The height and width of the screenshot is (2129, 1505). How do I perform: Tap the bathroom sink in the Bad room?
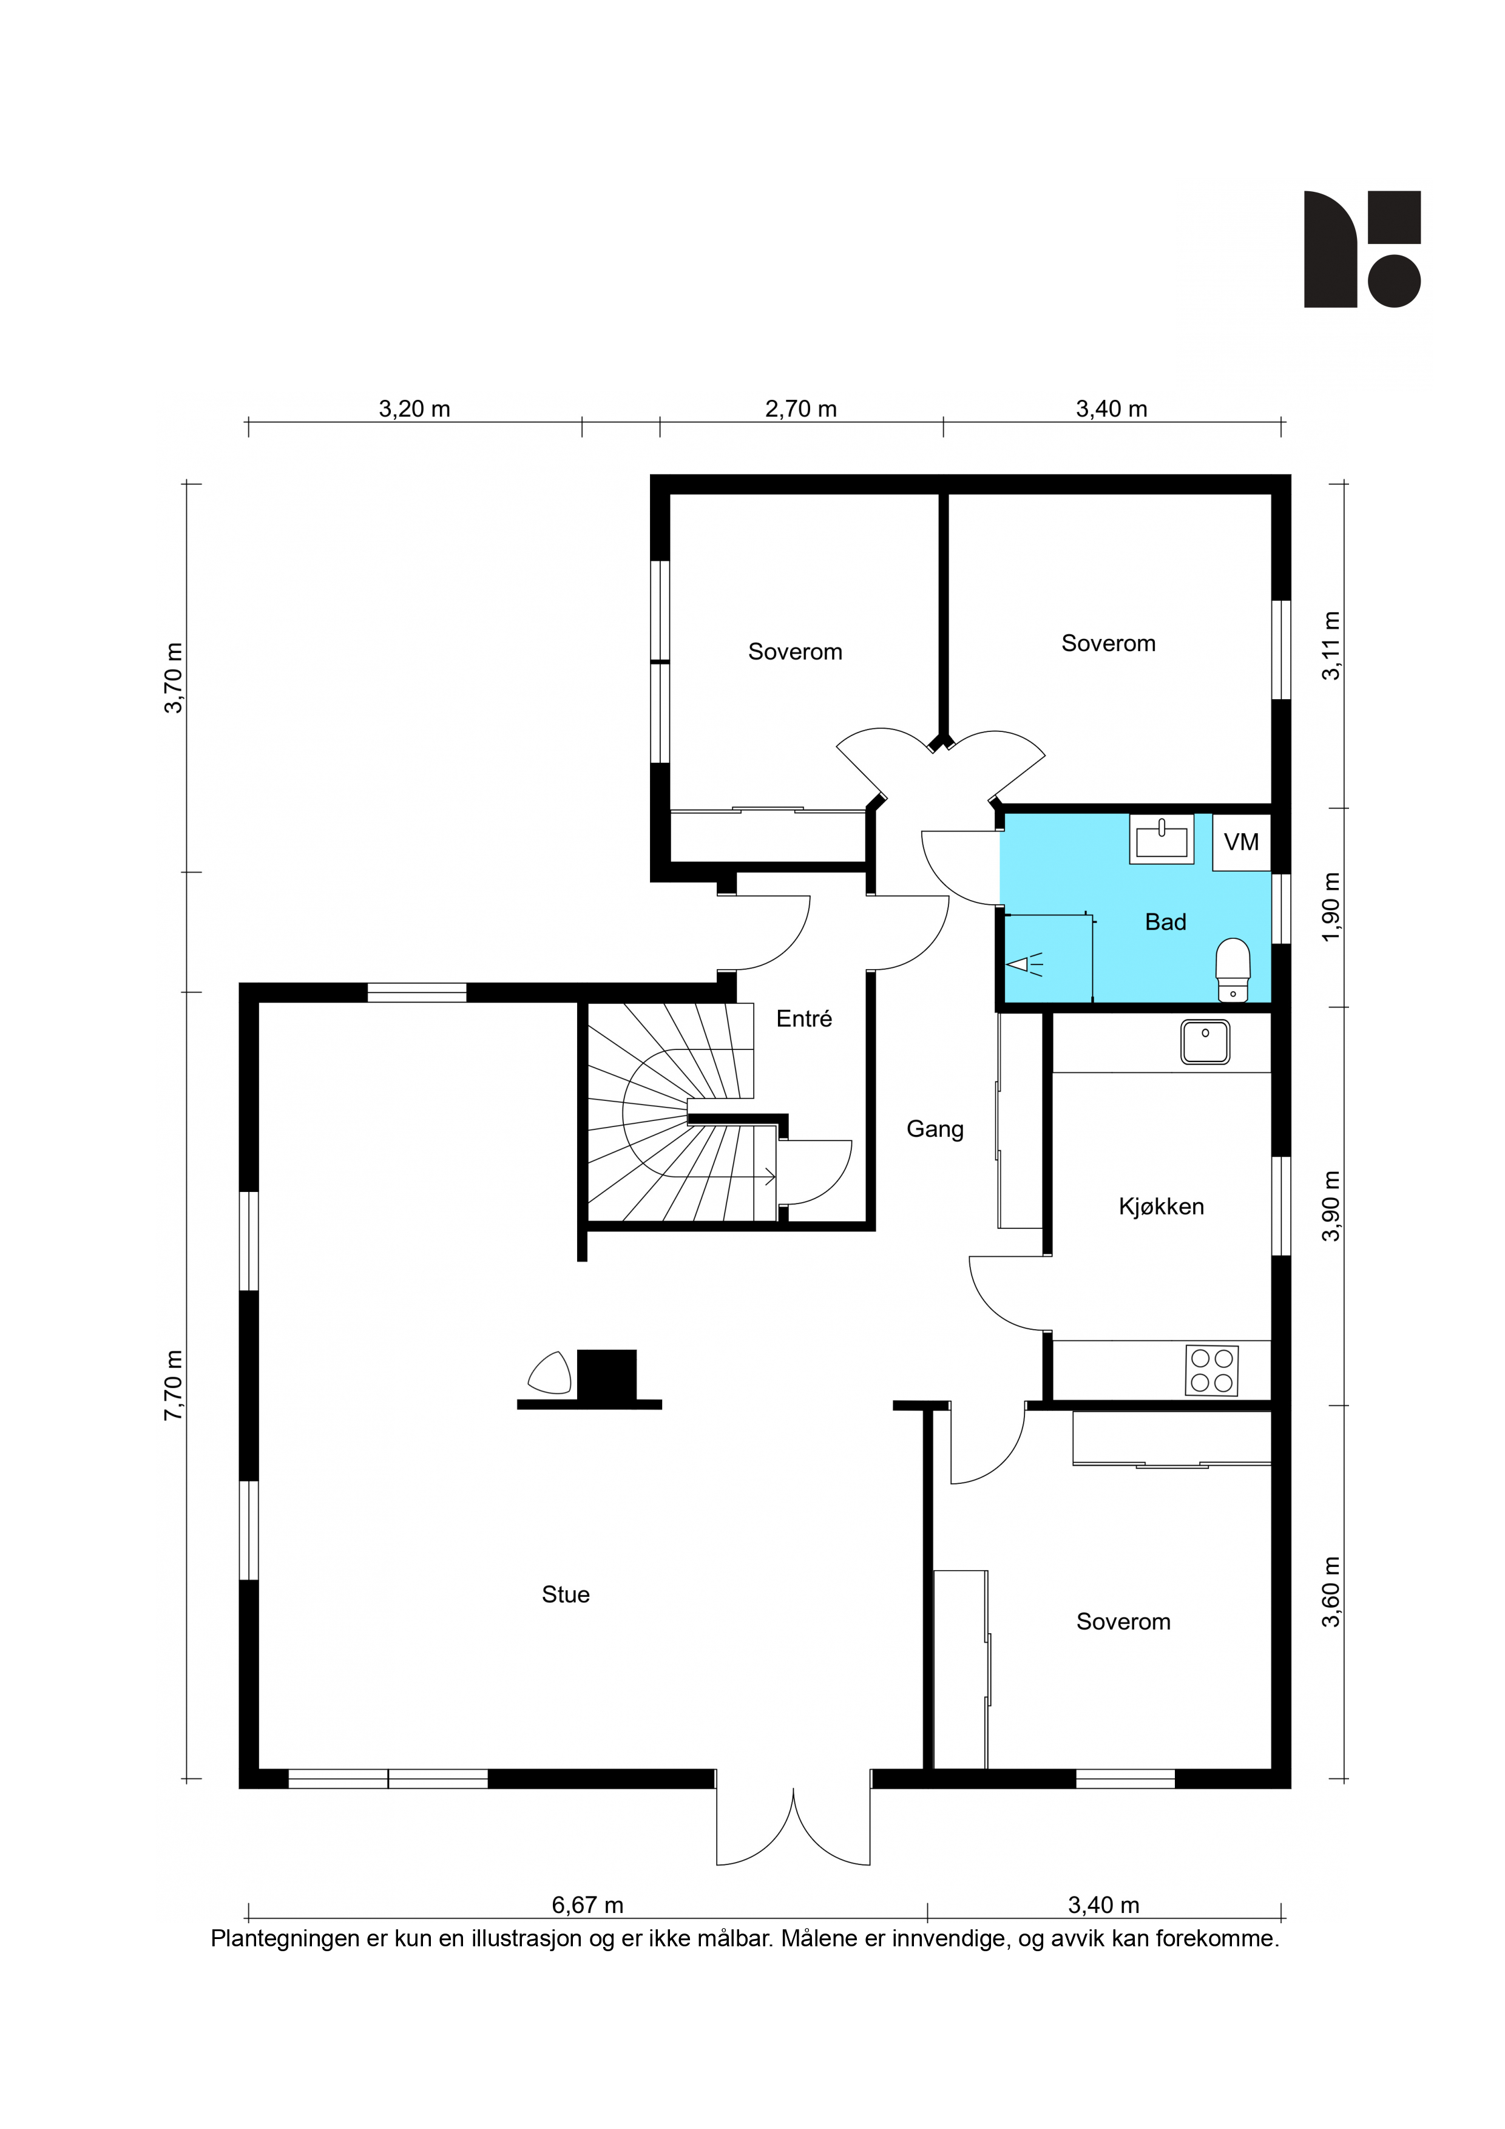tap(1161, 839)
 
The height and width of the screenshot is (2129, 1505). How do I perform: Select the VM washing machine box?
tap(1242, 842)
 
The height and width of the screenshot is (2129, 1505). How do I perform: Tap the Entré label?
tap(804, 1019)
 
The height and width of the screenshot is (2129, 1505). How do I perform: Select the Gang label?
tap(935, 1129)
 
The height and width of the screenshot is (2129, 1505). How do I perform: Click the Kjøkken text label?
tap(1161, 1207)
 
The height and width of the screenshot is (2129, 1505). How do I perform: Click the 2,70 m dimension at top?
tap(800, 409)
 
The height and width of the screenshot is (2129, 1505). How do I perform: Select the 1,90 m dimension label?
tap(1331, 907)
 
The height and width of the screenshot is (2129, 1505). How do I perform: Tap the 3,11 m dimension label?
tap(1331, 646)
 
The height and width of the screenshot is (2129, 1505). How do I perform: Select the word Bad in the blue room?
tap(1166, 922)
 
